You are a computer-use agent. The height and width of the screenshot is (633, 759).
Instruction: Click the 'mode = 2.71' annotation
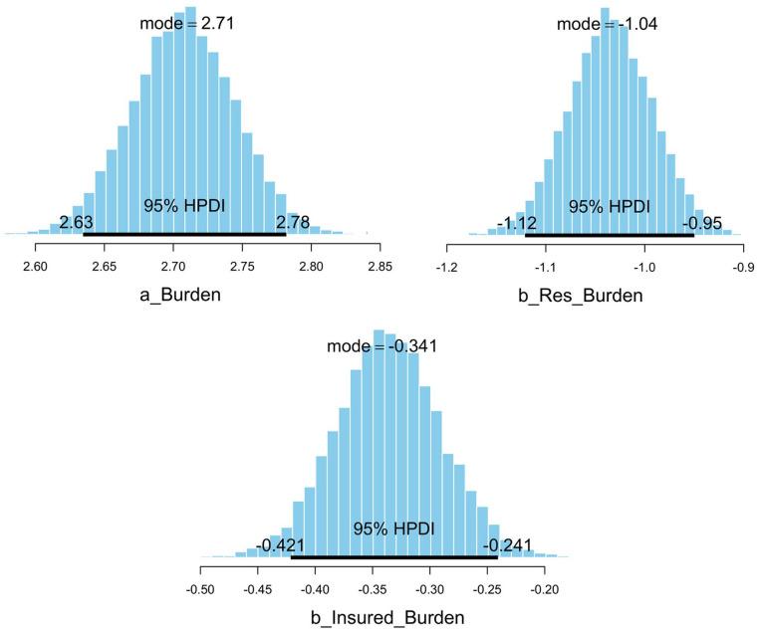187,20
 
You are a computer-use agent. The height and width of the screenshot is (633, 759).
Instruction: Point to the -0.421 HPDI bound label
280,544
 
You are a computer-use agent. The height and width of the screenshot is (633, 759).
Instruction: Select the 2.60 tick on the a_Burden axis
35,266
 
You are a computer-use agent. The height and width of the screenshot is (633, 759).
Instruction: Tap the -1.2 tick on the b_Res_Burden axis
447,266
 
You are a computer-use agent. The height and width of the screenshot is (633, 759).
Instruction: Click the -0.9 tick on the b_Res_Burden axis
743,266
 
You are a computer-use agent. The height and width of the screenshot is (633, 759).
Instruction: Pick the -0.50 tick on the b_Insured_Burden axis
201,589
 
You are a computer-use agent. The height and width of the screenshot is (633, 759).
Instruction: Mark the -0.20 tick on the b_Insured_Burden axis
544,589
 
